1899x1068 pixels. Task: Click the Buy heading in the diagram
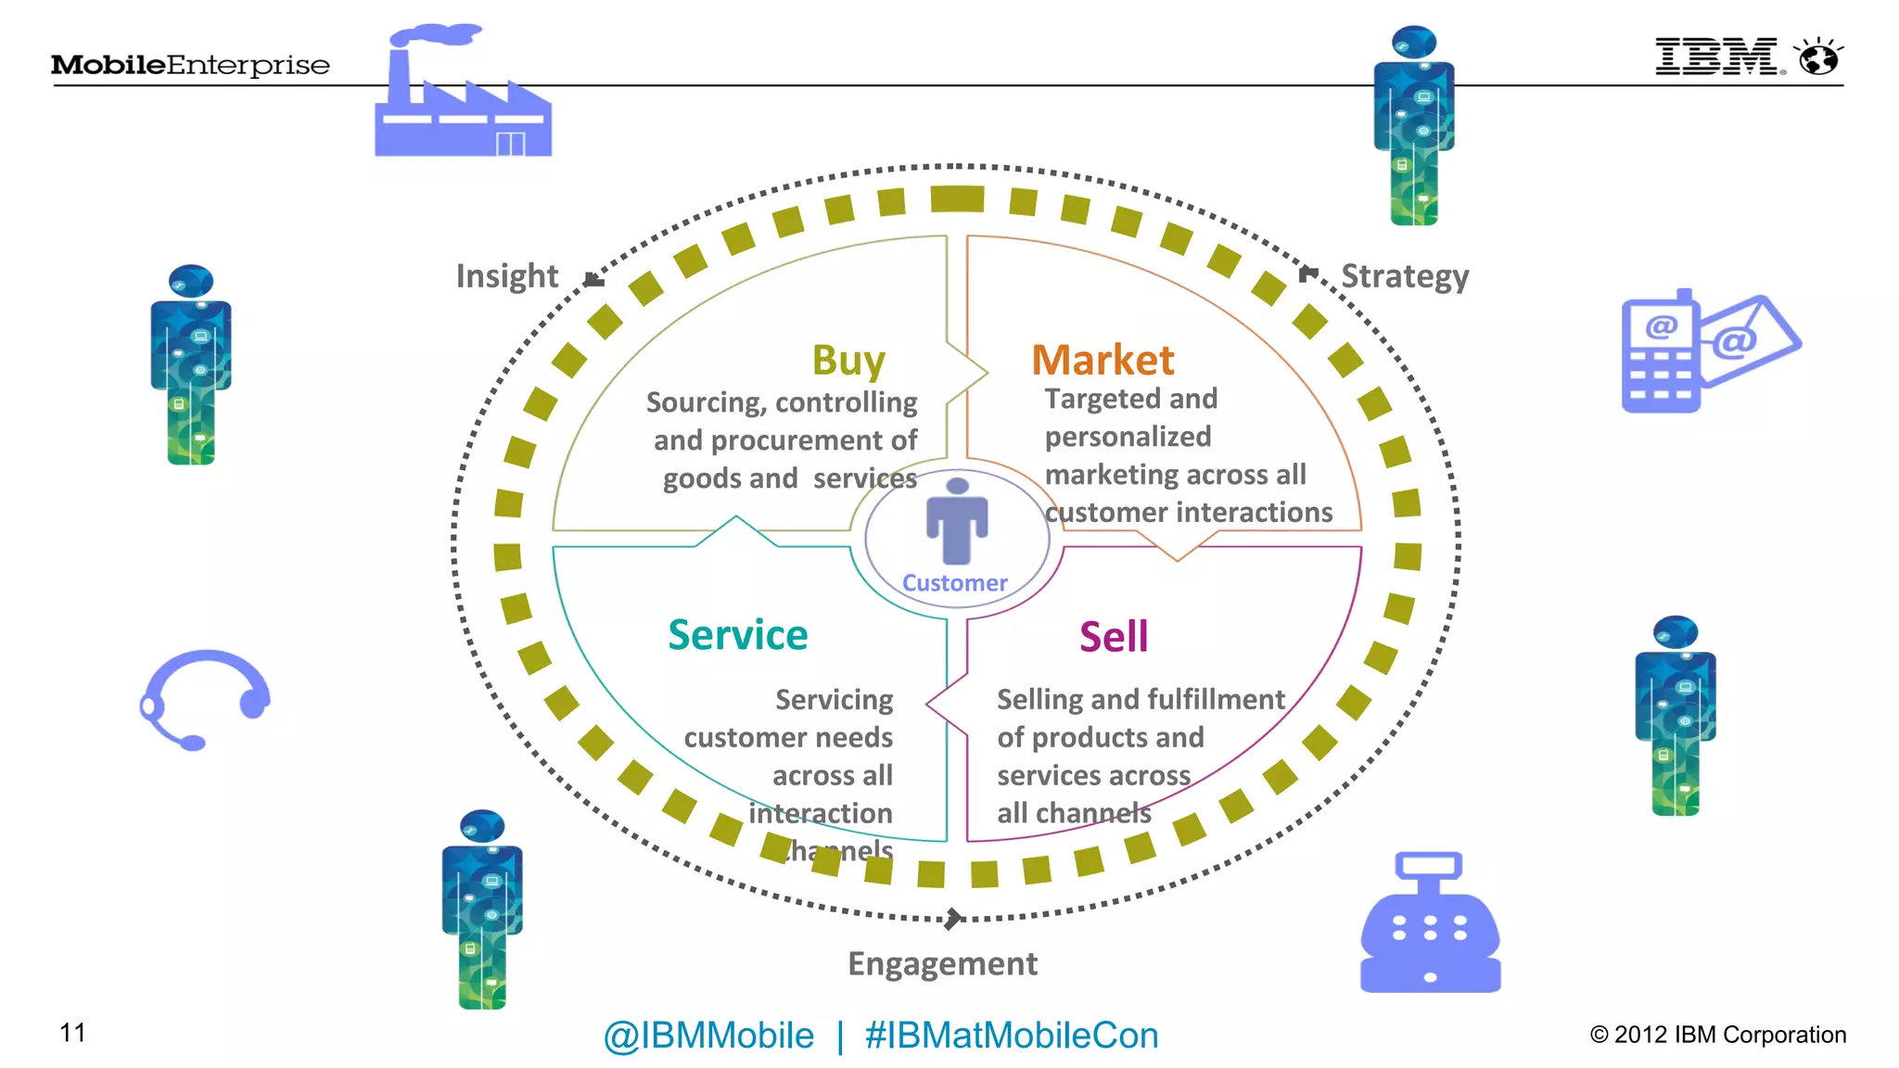click(x=848, y=361)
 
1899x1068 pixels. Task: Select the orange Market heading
click(x=1102, y=360)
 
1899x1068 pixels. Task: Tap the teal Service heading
click(x=738, y=635)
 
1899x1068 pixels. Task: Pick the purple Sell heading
click(x=1114, y=637)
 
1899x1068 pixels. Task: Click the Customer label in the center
click(x=954, y=583)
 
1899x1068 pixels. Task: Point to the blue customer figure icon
click(x=957, y=521)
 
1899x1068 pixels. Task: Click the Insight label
click(x=507, y=276)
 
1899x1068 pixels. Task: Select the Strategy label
click(x=1405, y=276)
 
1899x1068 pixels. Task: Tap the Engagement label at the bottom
click(x=942, y=964)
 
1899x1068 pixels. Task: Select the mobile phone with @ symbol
click(x=1660, y=353)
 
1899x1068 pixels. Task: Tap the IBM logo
click(x=1718, y=57)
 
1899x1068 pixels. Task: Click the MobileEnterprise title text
click(x=190, y=65)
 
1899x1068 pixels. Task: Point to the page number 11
click(x=72, y=1033)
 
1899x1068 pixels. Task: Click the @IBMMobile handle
click(x=708, y=1036)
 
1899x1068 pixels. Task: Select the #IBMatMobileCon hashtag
click(x=1012, y=1036)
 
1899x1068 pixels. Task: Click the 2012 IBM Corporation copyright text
click(x=1718, y=1035)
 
